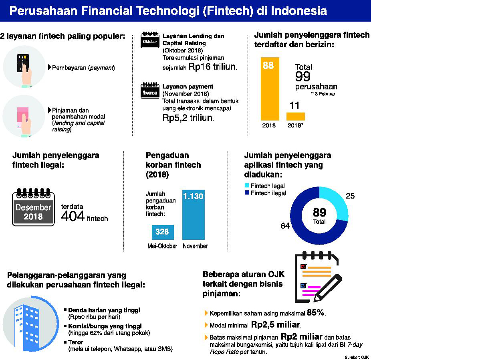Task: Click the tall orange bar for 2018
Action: coord(270,89)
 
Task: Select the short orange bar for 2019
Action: coord(295,116)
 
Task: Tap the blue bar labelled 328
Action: coord(162,232)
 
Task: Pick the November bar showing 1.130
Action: coord(193,215)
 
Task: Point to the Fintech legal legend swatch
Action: coord(247,186)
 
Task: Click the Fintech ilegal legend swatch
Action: coord(247,193)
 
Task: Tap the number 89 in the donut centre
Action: coord(319,212)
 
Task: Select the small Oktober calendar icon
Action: coord(150,40)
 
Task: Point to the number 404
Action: coord(73,216)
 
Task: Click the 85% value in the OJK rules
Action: coord(316,313)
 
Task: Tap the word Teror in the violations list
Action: coord(76,343)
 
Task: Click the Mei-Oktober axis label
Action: coord(162,246)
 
